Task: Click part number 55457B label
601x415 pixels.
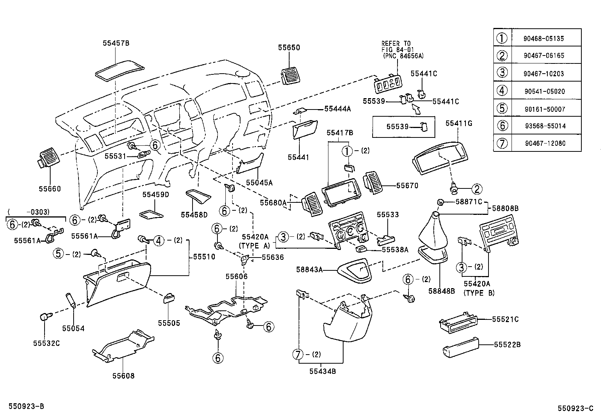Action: click(116, 43)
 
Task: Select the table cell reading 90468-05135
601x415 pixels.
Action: click(546, 38)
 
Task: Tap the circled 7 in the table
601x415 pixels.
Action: click(502, 143)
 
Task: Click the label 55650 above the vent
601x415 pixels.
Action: click(289, 48)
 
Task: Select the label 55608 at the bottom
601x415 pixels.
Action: click(123, 376)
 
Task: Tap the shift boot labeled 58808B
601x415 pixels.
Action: click(433, 230)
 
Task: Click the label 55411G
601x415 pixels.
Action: click(459, 123)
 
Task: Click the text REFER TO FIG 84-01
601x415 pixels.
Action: click(396, 46)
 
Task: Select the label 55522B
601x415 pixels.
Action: click(506, 345)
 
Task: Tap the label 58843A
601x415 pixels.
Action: click(310, 270)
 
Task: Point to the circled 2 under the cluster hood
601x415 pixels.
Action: click(477, 189)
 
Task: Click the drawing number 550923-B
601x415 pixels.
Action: click(22, 406)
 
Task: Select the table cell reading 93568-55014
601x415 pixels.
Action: click(546, 126)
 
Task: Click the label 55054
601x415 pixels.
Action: click(73, 329)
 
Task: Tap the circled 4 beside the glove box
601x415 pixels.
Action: click(159, 240)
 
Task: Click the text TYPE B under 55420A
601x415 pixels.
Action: click(479, 293)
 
